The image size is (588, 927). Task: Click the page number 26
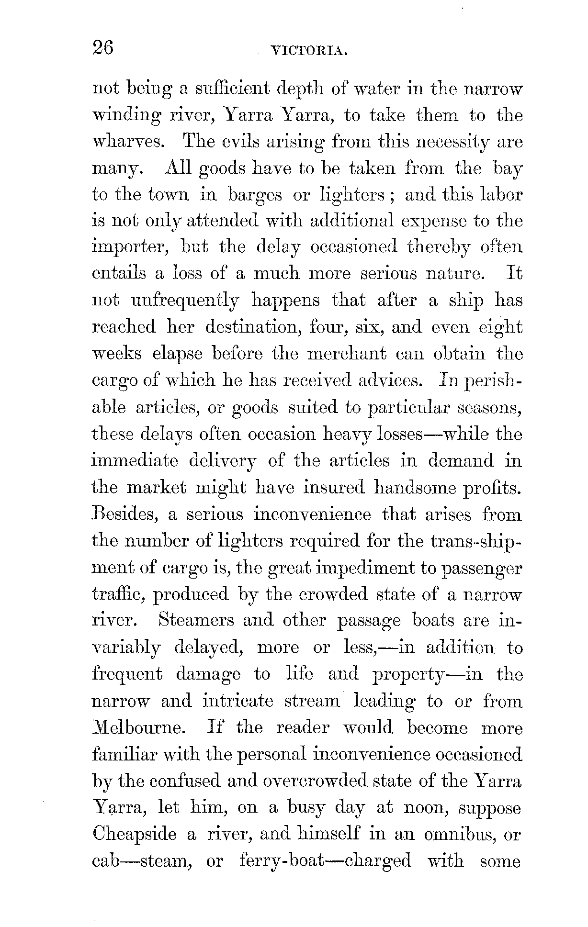click(103, 48)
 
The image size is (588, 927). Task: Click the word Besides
click(125, 514)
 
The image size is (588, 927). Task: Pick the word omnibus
click(460, 834)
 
